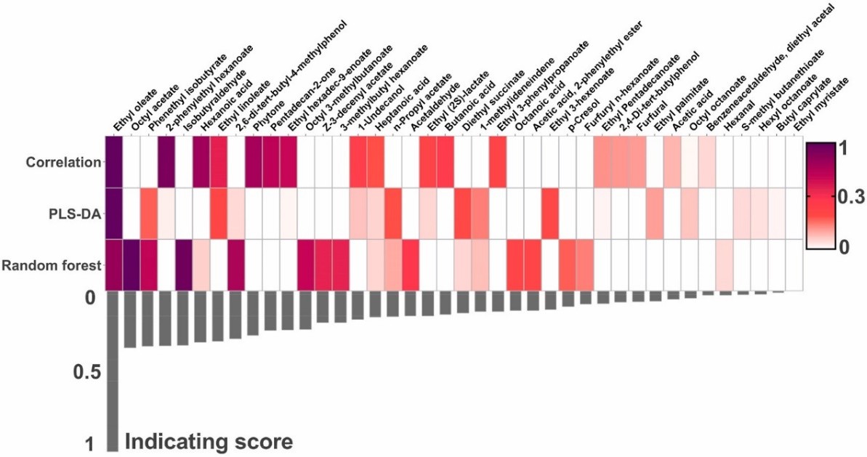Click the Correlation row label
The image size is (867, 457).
point(62,162)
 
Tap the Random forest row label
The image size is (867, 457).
point(51,264)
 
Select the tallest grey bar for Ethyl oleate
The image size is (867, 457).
point(113,371)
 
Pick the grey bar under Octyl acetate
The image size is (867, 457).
point(130,320)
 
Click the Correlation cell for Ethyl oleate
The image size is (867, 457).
point(113,162)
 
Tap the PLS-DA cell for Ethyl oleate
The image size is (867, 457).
point(113,213)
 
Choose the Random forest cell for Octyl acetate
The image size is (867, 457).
point(130,264)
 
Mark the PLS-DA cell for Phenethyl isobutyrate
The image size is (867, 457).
point(148,213)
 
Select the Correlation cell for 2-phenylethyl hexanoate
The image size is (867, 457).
point(166,162)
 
